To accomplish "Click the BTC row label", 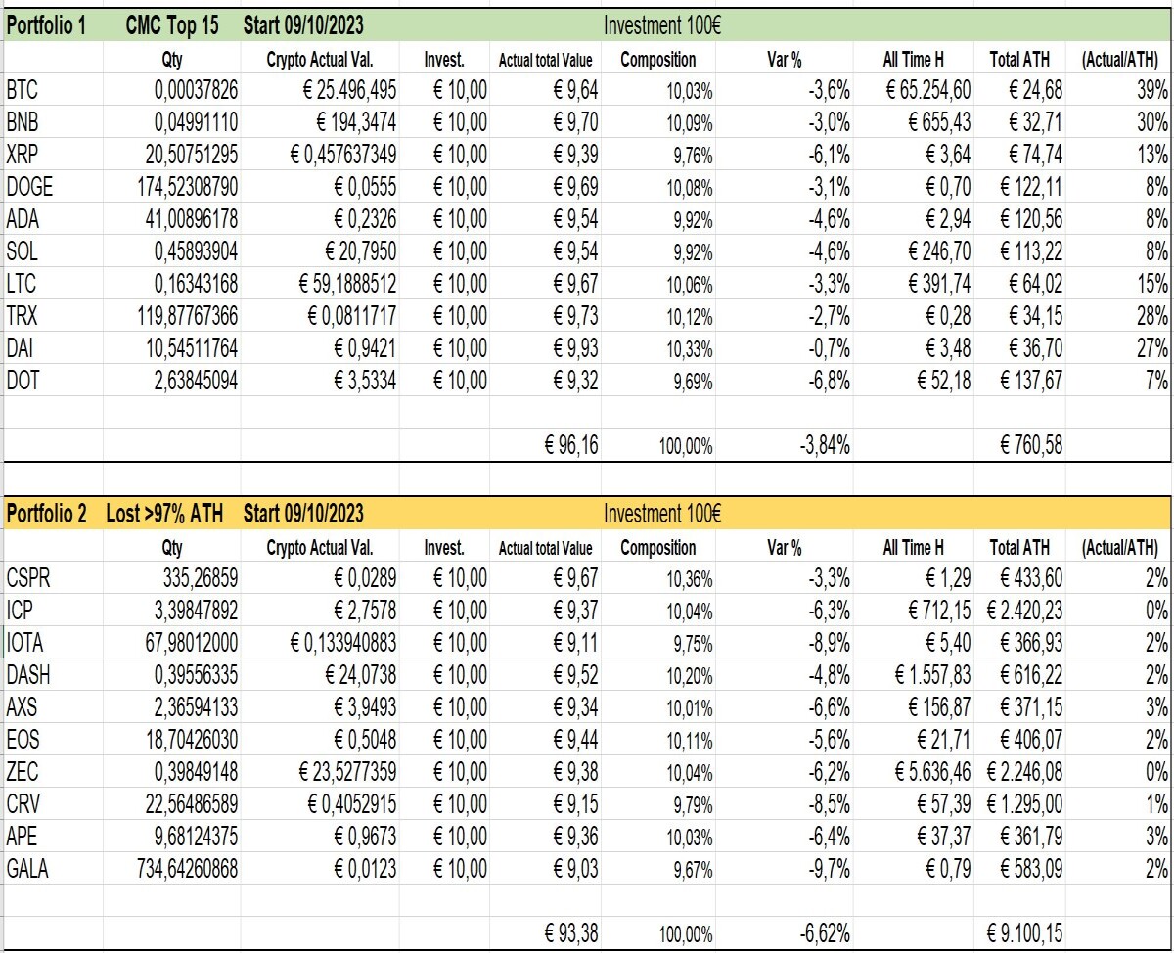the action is [23, 90].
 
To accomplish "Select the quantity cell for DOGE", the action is [188, 187].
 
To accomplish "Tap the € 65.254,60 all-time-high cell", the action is [928, 90].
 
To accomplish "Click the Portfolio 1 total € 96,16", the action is [571, 445].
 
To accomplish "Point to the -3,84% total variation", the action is [825, 445].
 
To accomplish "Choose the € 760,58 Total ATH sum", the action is [1031, 445].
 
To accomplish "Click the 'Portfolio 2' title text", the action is [46, 514].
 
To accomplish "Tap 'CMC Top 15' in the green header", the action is [172, 25].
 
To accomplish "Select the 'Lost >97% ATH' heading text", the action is [164, 514].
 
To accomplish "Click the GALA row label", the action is [27, 869].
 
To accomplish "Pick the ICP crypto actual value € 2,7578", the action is [365, 611].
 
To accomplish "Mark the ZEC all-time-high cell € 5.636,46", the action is [932, 772].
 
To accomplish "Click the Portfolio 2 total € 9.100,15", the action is [1024, 933].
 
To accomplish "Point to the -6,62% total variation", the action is [825, 933].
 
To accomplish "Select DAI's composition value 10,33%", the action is [690, 349].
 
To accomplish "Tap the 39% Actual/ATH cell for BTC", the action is [1151, 90].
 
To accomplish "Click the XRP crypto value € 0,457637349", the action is [342, 155].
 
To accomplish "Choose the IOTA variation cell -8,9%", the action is [829, 643].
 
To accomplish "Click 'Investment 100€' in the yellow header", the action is [662, 514].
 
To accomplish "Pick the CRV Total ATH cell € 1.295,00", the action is [1024, 804].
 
